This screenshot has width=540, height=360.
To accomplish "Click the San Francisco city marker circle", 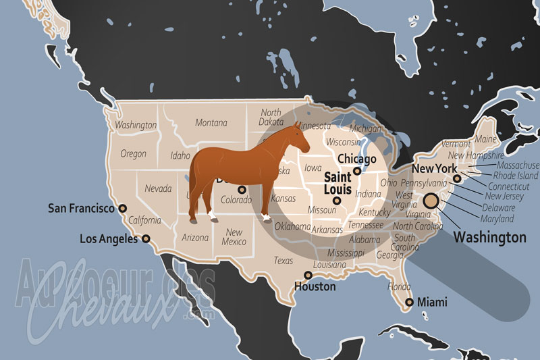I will click(122, 209).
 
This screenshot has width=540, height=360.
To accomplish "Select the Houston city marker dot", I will click(308, 275).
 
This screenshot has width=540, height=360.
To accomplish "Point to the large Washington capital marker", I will click(431, 201).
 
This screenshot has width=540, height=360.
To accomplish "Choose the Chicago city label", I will click(356, 159).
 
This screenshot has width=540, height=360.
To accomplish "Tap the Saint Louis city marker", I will click(337, 200).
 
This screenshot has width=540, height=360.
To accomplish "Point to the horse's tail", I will click(192, 182).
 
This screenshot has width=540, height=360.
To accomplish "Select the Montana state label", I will click(211, 123).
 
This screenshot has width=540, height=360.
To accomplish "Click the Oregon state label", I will click(133, 154).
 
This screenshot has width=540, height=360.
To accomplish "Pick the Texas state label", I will click(283, 261).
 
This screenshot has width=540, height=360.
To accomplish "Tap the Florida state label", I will click(399, 286).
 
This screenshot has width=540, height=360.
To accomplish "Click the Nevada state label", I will click(158, 188).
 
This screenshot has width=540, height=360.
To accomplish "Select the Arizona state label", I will click(195, 238).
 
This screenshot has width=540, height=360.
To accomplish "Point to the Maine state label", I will click(485, 139).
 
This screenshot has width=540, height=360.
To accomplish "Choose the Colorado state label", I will click(236, 200).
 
